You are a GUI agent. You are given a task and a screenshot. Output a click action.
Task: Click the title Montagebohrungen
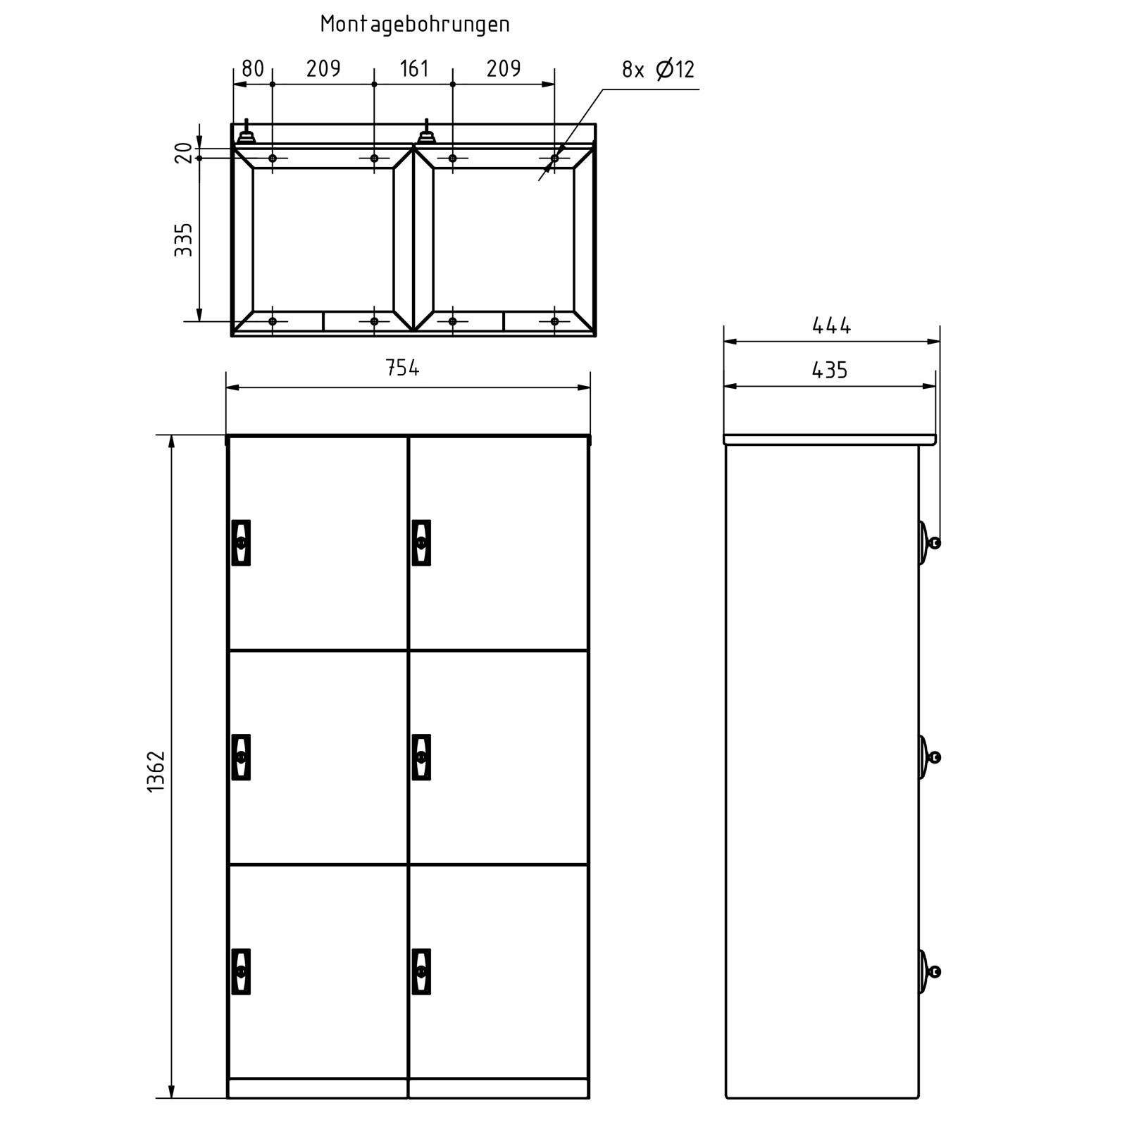click(415, 24)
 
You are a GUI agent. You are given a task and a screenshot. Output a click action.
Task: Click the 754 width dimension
click(402, 368)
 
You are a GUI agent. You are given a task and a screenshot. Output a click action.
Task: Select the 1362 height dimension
click(156, 771)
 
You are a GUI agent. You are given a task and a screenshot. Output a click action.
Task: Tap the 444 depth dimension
click(831, 325)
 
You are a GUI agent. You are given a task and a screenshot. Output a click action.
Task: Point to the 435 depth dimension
click(830, 371)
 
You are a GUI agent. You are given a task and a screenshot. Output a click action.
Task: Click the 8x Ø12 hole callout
click(658, 70)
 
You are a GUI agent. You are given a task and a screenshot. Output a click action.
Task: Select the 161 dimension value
click(414, 69)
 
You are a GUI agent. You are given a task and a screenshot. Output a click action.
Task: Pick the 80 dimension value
click(252, 69)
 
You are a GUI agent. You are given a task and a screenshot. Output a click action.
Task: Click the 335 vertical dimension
click(183, 239)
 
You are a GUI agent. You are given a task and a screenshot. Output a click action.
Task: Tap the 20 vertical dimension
click(183, 152)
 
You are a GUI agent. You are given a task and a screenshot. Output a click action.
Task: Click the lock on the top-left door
click(241, 542)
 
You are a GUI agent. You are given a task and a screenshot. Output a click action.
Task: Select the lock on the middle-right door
click(421, 757)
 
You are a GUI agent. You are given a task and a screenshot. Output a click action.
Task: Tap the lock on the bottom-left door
click(241, 971)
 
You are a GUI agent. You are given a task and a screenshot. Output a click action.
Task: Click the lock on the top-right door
click(421, 542)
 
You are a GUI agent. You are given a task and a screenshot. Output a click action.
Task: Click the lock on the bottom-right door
click(421, 971)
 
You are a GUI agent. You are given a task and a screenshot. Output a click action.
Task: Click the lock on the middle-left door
click(241, 757)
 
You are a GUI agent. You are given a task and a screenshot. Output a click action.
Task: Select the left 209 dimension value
click(323, 69)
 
